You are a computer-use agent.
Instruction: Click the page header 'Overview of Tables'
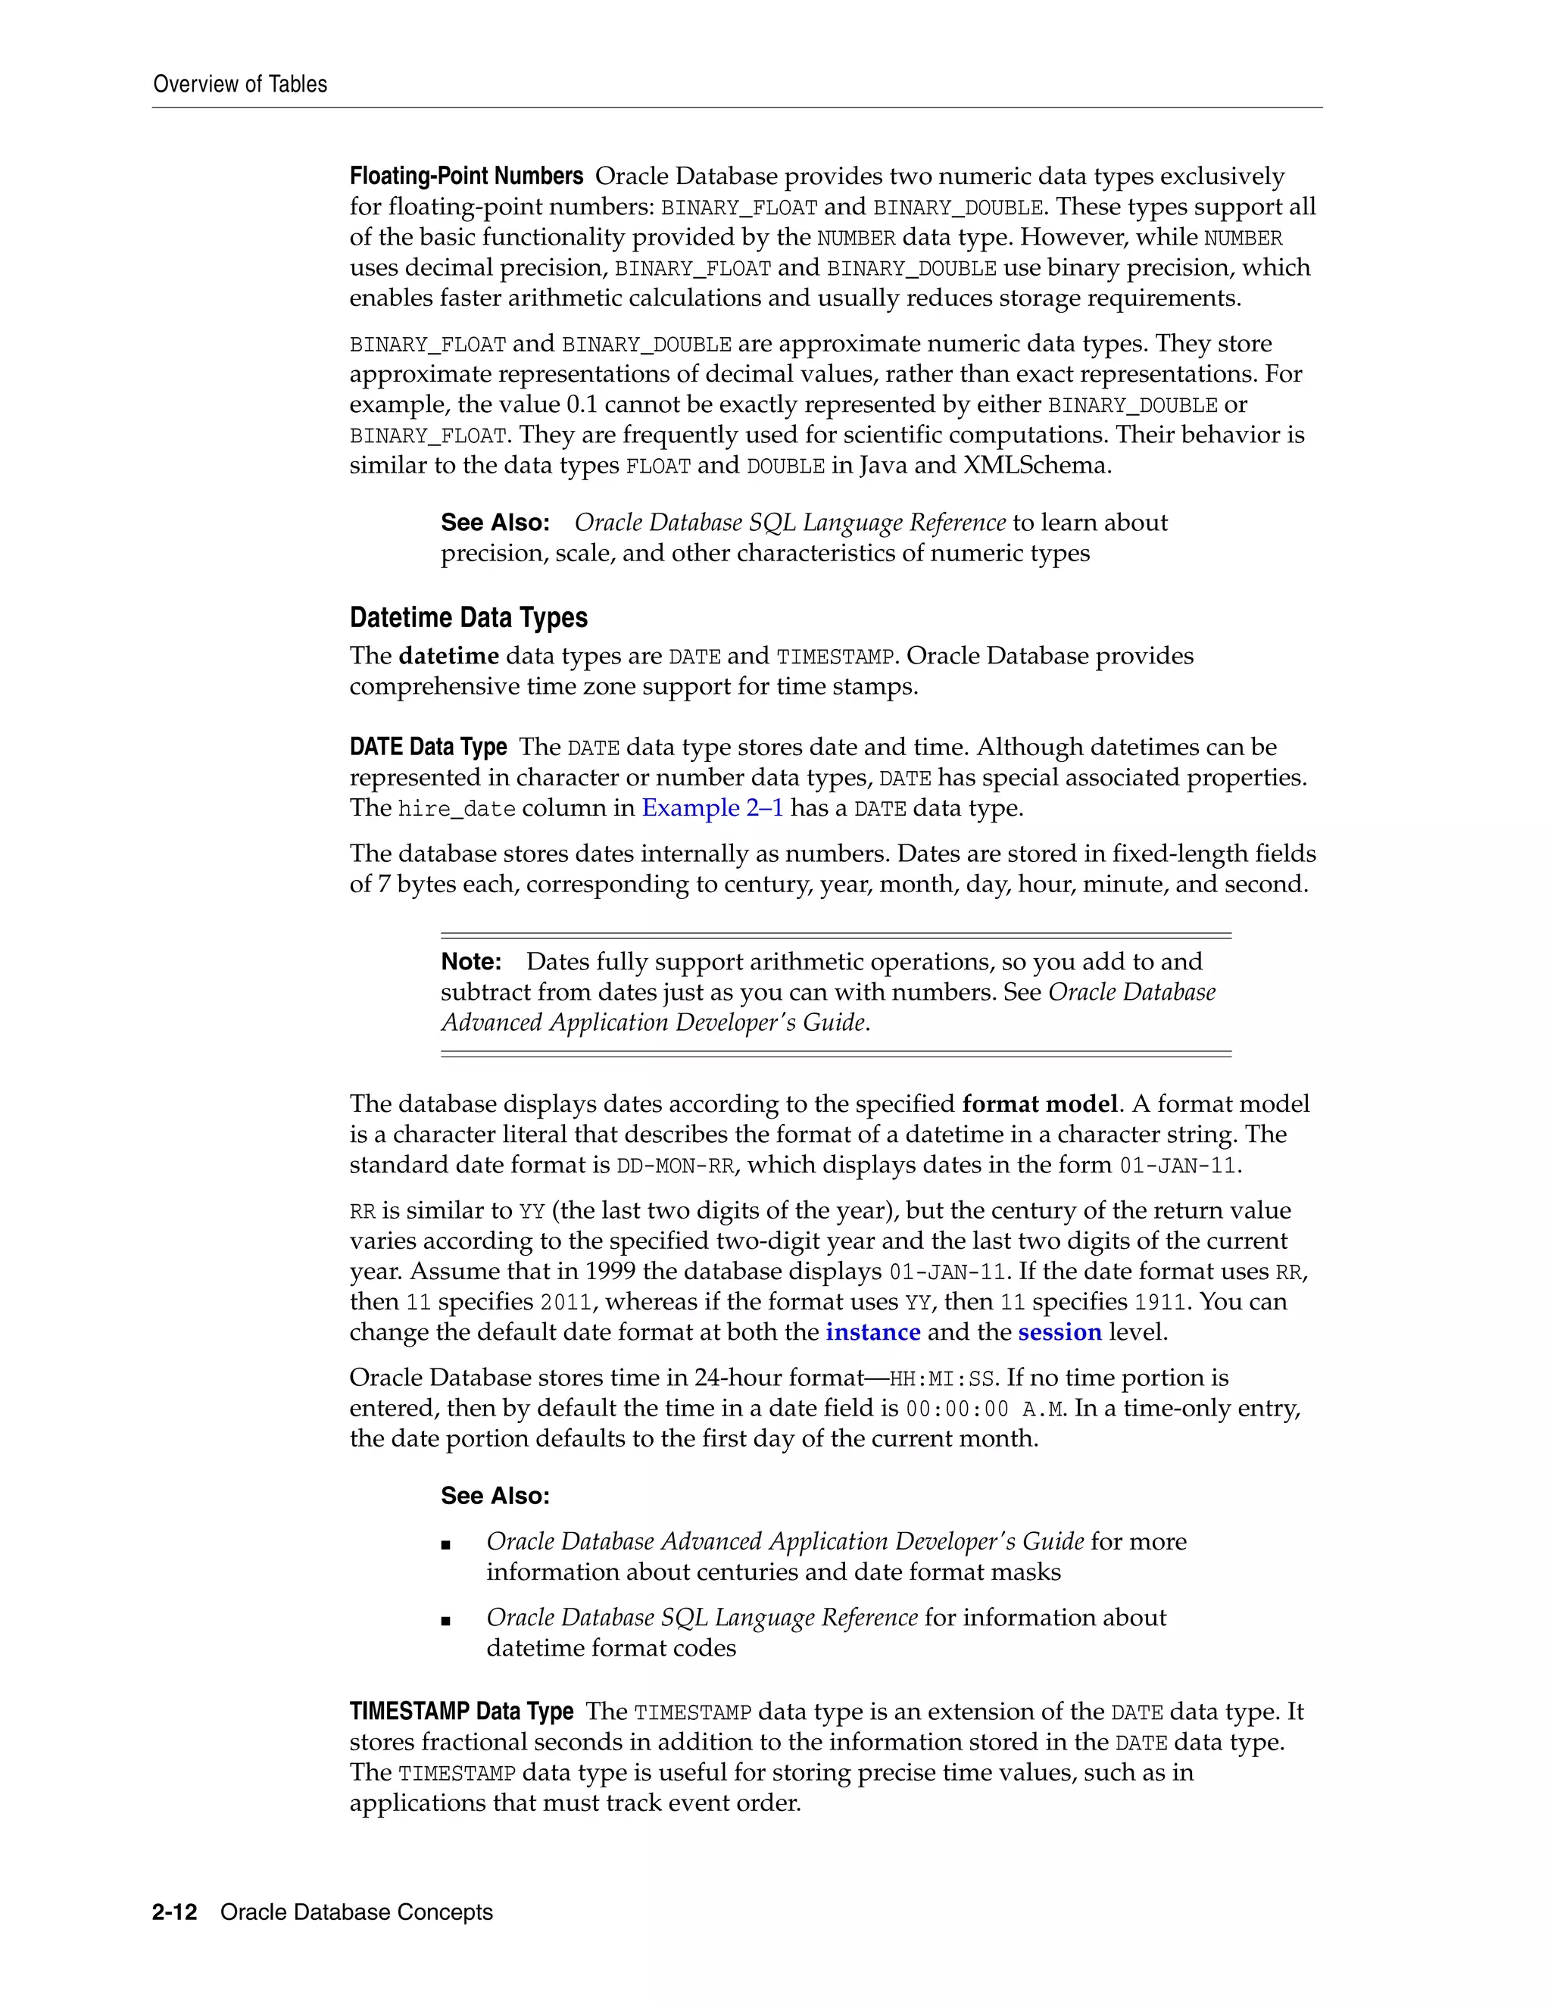click(x=240, y=85)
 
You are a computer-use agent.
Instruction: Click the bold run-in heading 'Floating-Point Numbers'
click(x=466, y=176)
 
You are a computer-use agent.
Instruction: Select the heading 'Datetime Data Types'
click(x=469, y=617)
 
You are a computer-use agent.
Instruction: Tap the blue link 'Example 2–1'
click(x=712, y=808)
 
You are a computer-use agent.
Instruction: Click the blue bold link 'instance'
click(x=873, y=1331)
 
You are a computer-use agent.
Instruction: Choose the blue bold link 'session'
click(x=1059, y=1331)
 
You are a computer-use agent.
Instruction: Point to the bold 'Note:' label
click(x=470, y=962)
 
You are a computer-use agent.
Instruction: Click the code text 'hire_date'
click(x=457, y=810)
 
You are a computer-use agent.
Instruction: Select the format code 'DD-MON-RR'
click(x=676, y=1166)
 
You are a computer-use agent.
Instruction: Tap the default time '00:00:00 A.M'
click(x=984, y=1409)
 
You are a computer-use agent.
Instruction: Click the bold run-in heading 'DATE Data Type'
click(x=428, y=747)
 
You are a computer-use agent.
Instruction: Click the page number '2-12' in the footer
click(x=175, y=1912)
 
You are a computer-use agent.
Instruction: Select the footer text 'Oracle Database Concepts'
click(x=357, y=1912)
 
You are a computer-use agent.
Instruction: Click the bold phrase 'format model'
click(x=1039, y=1103)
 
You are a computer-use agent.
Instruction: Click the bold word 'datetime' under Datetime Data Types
click(x=449, y=656)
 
